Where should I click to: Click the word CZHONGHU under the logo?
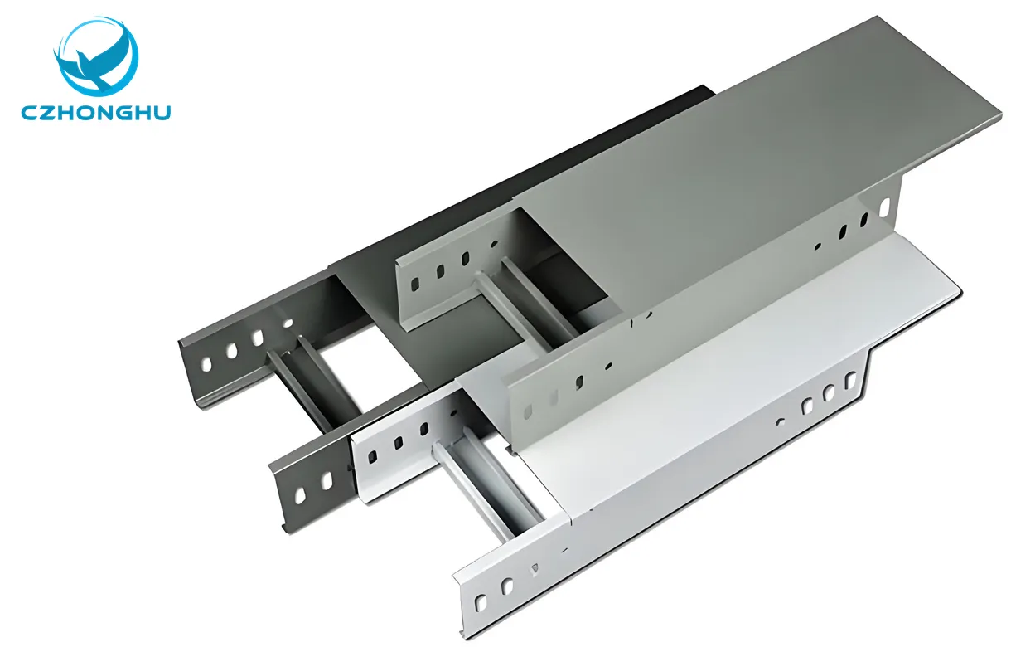(x=96, y=112)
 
